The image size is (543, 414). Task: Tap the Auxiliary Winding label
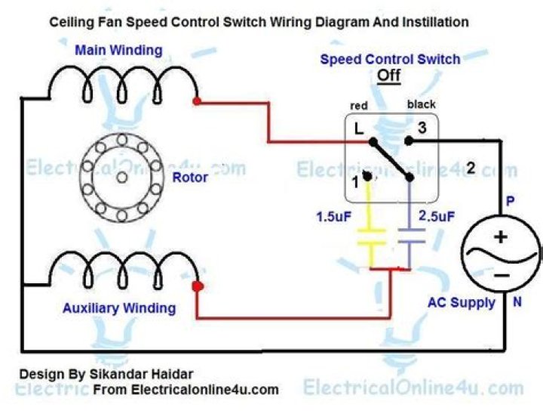(119, 308)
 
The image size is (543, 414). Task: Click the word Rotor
(190, 178)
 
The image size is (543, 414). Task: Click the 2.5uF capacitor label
(437, 217)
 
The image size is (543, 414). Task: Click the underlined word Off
(388, 76)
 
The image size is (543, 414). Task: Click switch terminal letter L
(359, 129)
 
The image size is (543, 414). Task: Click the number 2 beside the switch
(471, 168)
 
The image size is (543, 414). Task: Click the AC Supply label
(461, 303)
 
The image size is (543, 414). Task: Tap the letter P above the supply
(510, 202)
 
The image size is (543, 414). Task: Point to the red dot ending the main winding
(197, 100)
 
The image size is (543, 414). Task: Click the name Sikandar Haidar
(152, 374)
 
